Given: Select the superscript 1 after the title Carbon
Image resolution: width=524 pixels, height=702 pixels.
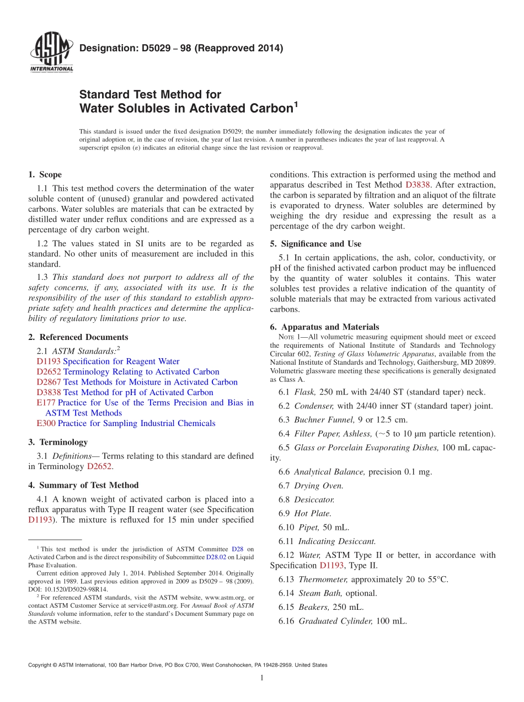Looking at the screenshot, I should click(x=296, y=104).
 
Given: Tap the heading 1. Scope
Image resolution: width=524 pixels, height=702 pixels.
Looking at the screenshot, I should click(x=45, y=174).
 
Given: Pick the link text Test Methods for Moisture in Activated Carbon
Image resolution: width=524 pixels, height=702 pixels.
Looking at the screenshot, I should click(x=151, y=382).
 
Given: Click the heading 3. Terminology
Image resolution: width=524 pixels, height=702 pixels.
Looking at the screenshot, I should click(x=58, y=442).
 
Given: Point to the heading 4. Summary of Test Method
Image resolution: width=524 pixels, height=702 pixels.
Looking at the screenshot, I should click(x=83, y=485).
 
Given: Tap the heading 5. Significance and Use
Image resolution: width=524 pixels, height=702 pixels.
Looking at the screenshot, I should click(x=316, y=243).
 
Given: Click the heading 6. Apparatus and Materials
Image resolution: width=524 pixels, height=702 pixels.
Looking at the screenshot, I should click(x=324, y=327).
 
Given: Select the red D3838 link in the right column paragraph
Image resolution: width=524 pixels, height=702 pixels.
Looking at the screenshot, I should click(x=418, y=185).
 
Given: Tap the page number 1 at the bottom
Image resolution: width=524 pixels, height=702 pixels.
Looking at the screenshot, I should click(x=262, y=677).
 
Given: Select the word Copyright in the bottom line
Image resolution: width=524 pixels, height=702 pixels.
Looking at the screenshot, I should click(x=41, y=665).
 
